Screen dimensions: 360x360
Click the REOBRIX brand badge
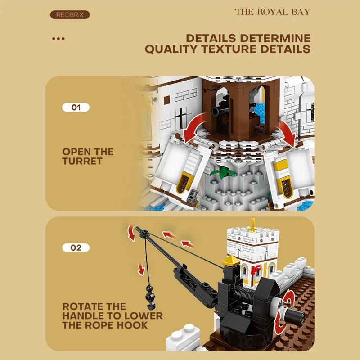click(70, 15)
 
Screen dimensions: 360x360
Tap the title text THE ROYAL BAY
click(272, 12)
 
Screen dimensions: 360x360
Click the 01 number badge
click(76, 108)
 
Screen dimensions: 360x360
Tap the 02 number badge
click(76, 248)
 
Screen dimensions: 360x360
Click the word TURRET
click(82, 161)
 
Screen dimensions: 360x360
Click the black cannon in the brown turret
click(220, 110)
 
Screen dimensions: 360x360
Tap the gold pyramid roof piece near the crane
click(231, 261)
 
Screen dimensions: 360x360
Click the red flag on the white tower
click(256, 269)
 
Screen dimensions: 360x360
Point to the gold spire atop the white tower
click(252, 223)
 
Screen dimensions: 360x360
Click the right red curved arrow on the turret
click(288, 133)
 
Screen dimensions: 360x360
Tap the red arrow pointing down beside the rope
click(141, 268)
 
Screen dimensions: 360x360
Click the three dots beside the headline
click(58, 39)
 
